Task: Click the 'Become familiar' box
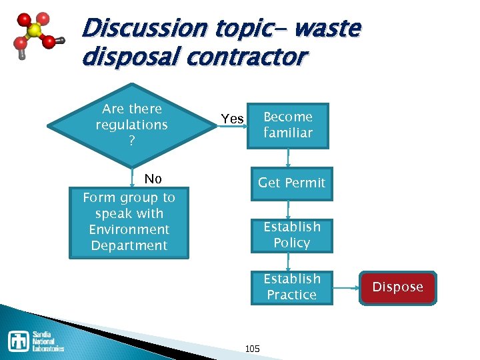click(x=288, y=125)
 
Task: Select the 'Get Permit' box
click(x=291, y=183)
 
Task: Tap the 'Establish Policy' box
click(x=291, y=235)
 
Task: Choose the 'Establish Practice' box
click(x=291, y=287)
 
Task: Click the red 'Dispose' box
click(x=398, y=287)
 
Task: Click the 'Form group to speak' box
click(x=129, y=222)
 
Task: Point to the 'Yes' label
click(x=232, y=119)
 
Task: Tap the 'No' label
click(x=153, y=179)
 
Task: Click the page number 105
click(x=253, y=349)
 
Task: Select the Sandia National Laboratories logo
click(x=37, y=341)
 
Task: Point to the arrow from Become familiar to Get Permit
click(x=289, y=157)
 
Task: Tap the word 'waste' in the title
click(x=327, y=29)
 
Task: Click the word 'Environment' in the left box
click(x=129, y=229)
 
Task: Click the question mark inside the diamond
click(x=131, y=141)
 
